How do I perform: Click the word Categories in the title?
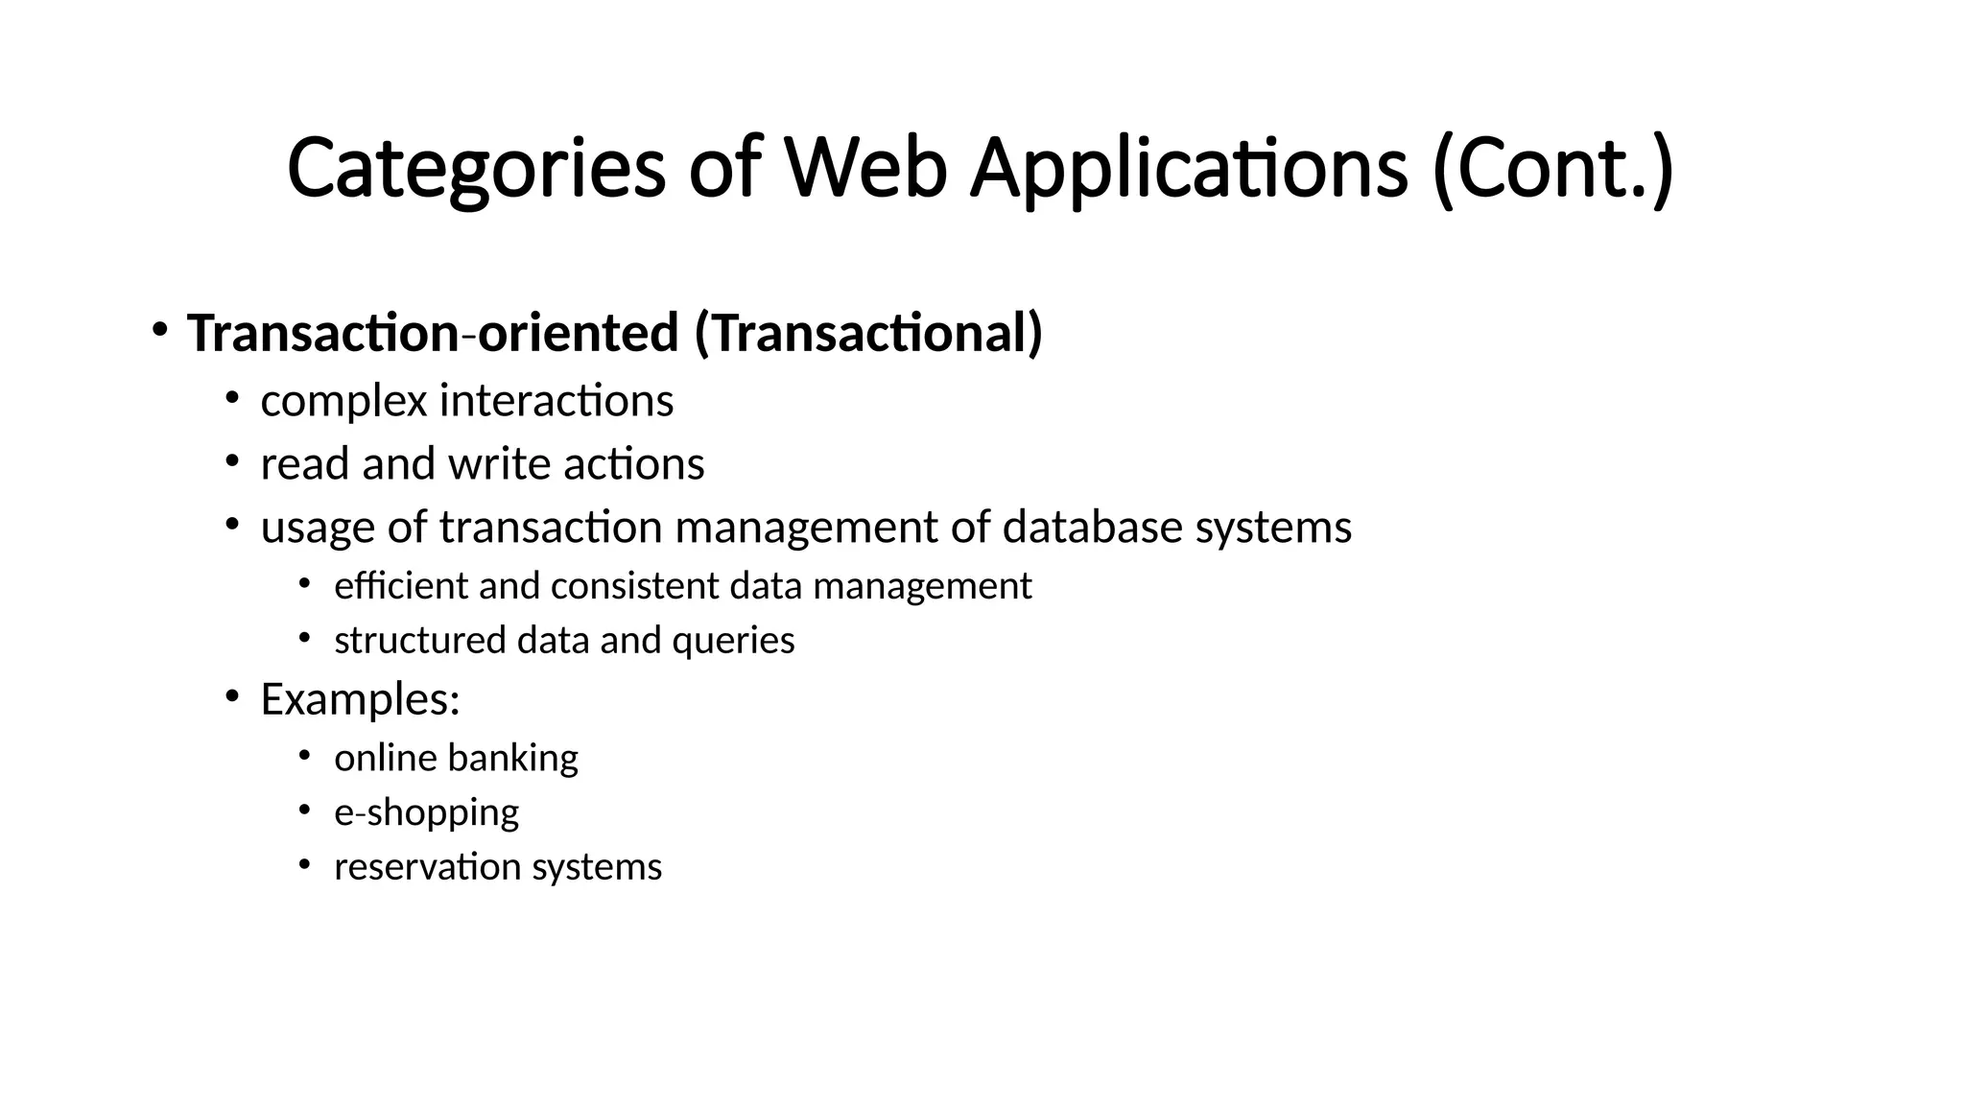coord(475,170)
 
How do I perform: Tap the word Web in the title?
coord(865,170)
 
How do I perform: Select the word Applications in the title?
coord(1189,170)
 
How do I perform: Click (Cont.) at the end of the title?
coord(1552,170)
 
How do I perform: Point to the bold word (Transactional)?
coord(867,334)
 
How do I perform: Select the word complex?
coord(343,401)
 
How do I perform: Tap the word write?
coord(499,464)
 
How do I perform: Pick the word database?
coord(1092,528)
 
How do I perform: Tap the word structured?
coord(419,641)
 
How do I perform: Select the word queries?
coord(733,641)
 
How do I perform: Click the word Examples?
coord(360,699)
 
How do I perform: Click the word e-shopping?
coord(426,813)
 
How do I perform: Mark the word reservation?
coord(427,867)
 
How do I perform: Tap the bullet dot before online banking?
coord(304,757)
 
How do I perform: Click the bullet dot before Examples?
coord(231,696)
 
